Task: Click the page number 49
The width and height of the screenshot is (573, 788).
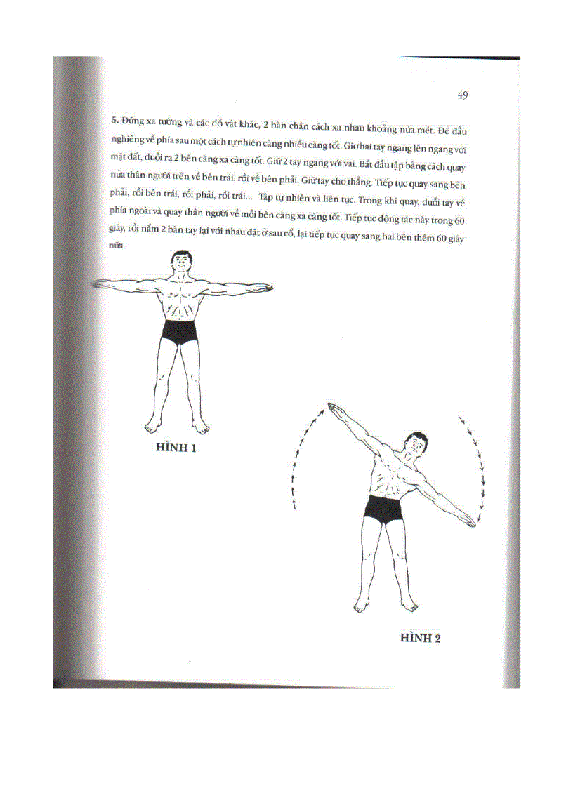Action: point(462,95)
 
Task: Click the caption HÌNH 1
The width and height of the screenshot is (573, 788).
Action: point(176,448)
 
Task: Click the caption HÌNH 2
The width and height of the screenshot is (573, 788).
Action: point(420,638)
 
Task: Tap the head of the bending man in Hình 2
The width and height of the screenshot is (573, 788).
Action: point(418,443)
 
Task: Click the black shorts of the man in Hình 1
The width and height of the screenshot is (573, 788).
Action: point(180,332)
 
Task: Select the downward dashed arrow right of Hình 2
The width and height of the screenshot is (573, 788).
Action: point(480,463)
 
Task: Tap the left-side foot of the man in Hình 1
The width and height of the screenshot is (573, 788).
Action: point(150,425)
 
